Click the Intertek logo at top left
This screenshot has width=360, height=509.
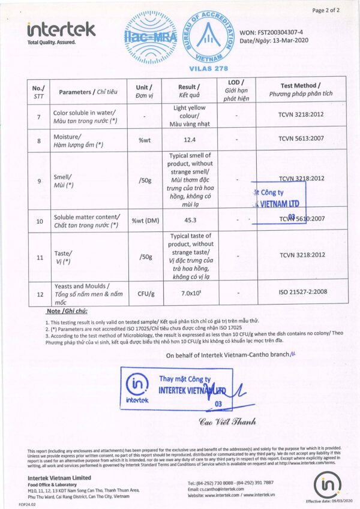pos(61,30)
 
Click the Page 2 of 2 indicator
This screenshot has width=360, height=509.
pos(326,10)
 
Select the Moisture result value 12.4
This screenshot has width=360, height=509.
pos(190,139)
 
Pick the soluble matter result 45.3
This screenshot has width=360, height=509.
pos(190,219)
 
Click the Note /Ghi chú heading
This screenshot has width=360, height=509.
pos(67,312)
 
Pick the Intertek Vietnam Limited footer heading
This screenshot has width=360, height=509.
pos(59,477)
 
